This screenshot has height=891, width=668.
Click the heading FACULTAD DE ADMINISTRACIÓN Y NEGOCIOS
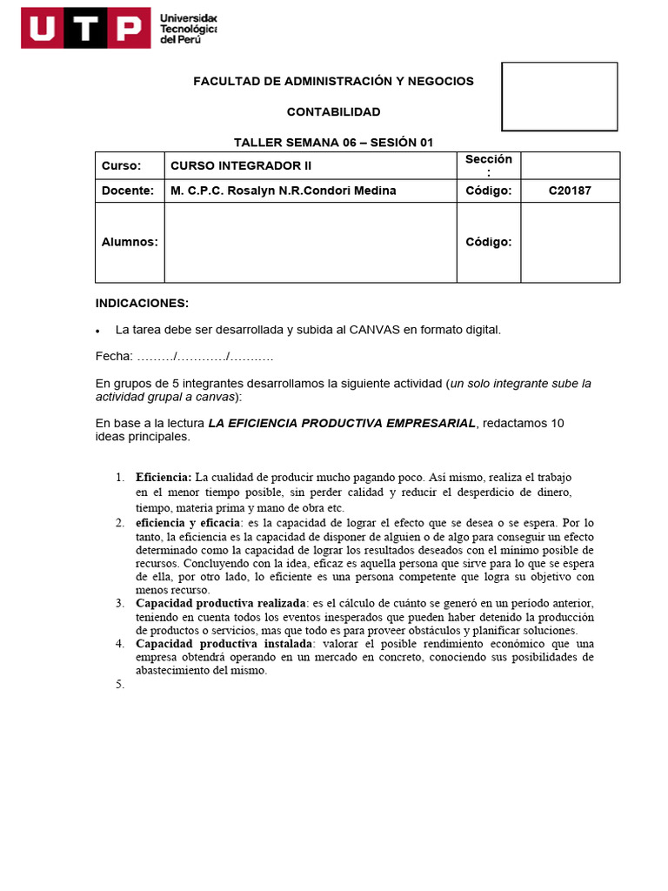333,81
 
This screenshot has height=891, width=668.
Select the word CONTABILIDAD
333,112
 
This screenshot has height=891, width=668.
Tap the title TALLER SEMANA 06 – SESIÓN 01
333,143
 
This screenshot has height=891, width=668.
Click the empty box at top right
559,97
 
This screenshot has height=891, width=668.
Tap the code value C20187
570,191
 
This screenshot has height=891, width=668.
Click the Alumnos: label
130,242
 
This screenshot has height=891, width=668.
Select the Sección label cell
488,164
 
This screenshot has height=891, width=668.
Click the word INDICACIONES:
141,303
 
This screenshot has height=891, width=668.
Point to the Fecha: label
114,357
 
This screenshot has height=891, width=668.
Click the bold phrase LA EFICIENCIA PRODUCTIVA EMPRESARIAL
342,423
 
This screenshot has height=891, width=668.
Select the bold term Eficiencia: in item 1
164,478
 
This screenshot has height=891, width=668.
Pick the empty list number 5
121,685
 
